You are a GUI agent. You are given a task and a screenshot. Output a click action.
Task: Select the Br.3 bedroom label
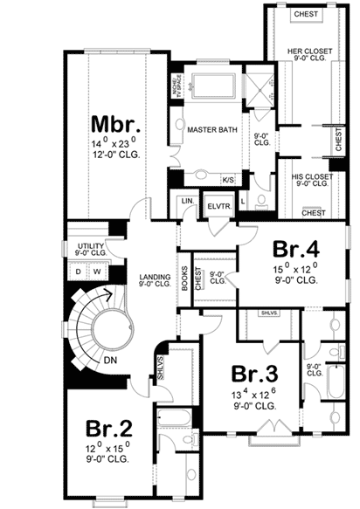pyautogui.click(x=254, y=374)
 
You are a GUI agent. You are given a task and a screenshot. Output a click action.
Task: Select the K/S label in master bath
pyautogui.click(x=227, y=180)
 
